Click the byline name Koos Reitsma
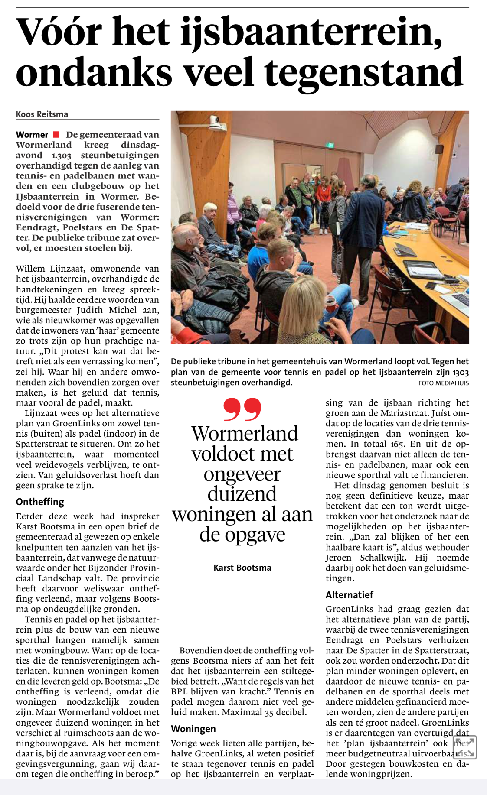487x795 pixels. (42, 114)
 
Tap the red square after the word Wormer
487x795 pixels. (56, 135)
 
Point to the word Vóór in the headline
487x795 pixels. (59, 32)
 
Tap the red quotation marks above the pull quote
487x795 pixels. (242, 409)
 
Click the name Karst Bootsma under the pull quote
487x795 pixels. (242, 568)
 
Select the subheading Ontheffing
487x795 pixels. (40, 502)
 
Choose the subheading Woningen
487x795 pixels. (193, 729)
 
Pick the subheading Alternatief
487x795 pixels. (349, 595)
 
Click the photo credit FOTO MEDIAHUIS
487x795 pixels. (443, 383)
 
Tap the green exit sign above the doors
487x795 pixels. (331, 145)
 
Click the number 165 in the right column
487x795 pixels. (397, 444)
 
